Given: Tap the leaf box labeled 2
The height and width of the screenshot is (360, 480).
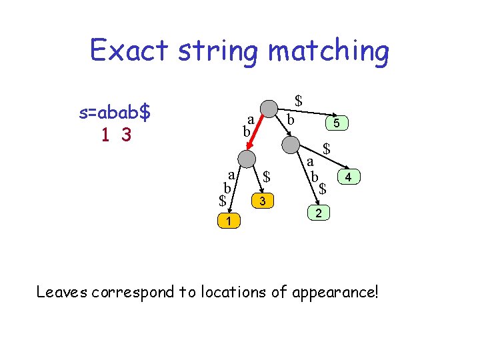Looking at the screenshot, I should click(x=319, y=214).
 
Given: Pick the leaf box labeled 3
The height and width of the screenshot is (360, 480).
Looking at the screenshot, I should click(x=263, y=201).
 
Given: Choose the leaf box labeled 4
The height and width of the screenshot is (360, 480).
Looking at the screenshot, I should click(x=349, y=177).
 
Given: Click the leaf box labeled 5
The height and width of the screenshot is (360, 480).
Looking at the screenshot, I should click(x=337, y=123).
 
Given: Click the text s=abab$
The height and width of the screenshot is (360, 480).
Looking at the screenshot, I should click(x=114, y=113).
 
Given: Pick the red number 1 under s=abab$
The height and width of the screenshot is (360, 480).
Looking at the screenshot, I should click(x=105, y=135).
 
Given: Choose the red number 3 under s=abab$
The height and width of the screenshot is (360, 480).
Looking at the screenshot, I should click(x=125, y=135).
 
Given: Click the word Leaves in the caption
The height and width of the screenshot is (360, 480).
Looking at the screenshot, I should click(x=62, y=291).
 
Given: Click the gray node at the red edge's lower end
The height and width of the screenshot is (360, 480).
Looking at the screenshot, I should click(x=247, y=158).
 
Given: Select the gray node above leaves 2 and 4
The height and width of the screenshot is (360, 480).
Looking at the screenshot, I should click(x=291, y=145).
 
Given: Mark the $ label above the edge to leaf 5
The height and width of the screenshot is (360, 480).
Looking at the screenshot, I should click(x=299, y=101).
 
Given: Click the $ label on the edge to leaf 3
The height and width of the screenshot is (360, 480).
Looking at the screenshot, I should click(x=266, y=177).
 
